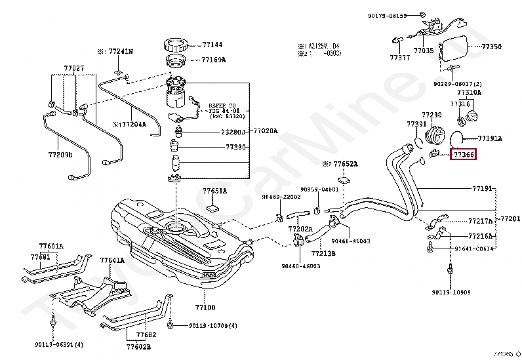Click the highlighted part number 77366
coord(463,155)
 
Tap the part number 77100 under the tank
coord(205,306)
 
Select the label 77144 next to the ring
coord(212,45)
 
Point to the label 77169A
coord(213,60)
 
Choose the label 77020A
coord(266,130)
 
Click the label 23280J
coord(233,131)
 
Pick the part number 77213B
coord(323,252)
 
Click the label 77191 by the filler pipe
coord(482,188)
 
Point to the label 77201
coord(510,218)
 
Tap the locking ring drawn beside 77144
coord(176,46)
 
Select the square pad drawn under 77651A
coord(213,208)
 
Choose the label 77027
coord(73,68)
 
